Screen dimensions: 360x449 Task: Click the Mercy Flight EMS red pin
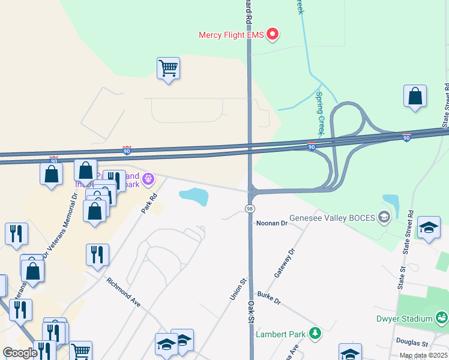click(x=273, y=34)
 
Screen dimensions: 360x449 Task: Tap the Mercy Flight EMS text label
click(x=231, y=35)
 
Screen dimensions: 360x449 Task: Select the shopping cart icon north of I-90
click(x=168, y=68)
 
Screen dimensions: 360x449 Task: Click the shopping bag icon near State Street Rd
click(x=415, y=96)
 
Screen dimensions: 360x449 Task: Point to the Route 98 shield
click(x=249, y=208)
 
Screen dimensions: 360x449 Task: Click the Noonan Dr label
click(x=272, y=223)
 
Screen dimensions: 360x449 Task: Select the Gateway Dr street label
click(x=285, y=263)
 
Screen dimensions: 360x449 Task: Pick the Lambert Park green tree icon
click(x=314, y=334)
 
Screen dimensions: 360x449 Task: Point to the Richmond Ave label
click(x=123, y=293)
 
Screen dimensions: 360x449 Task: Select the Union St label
click(x=238, y=289)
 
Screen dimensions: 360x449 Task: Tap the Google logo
click(x=20, y=353)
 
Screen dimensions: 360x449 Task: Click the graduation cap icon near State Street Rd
click(x=429, y=227)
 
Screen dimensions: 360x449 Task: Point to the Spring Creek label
click(x=320, y=112)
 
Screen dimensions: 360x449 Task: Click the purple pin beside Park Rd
click(x=148, y=178)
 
